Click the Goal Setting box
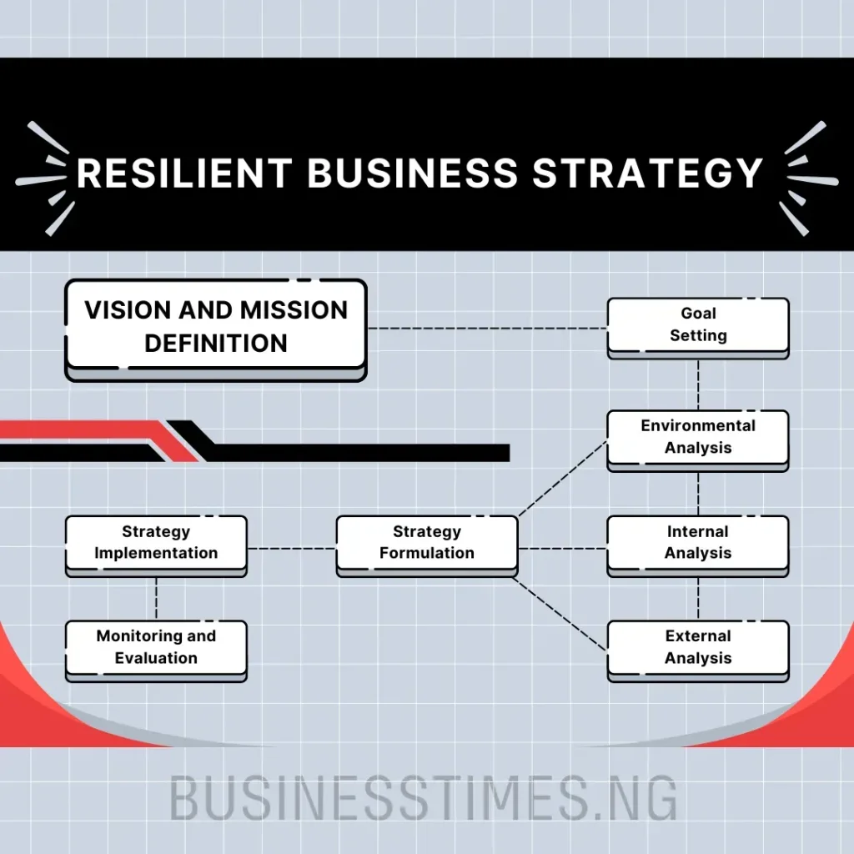tap(698, 324)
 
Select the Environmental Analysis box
tap(698, 436)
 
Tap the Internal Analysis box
tap(698, 542)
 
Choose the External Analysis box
tap(698, 647)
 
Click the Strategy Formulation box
tap(426, 542)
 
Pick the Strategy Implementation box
tap(156, 542)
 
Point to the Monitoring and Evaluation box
tap(156, 647)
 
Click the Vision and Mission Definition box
tap(215, 326)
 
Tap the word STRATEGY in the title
tap(647, 173)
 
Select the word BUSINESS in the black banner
tap(413, 173)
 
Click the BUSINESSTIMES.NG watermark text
tap(424, 798)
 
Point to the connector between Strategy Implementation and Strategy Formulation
tap(291, 548)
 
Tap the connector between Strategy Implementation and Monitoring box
tap(156, 597)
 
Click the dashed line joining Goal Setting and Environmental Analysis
tap(698, 384)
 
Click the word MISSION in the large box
tap(294, 310)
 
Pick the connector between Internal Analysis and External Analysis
tap(698, 597)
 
